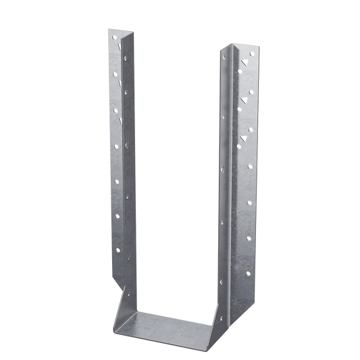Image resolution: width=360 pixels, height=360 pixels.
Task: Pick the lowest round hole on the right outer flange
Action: tap(247, 274)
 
